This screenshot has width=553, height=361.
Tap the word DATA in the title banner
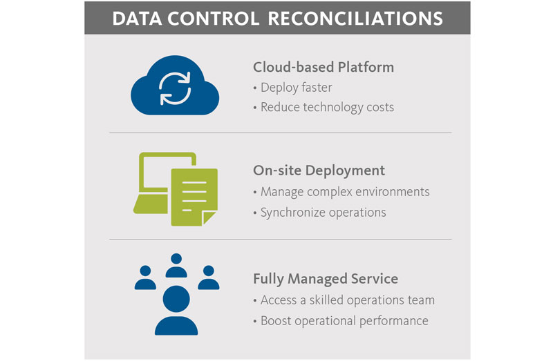coord(134,19)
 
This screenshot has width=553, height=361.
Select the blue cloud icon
coord(175,87)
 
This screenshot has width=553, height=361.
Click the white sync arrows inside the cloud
coord(175,88)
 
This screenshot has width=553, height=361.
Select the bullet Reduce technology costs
coord(326,107)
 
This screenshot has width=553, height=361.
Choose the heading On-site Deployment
coord(319,170)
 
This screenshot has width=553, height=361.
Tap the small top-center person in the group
coord(176,264)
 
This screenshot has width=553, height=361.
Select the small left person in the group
coord(145,276)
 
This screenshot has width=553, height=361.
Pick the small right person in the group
coord(208,276)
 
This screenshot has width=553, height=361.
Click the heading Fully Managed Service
coord(326,279)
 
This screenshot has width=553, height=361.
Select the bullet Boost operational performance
coord(344,320)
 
